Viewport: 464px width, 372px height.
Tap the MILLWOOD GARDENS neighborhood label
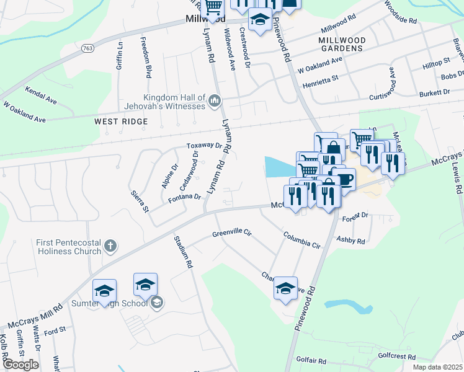341,44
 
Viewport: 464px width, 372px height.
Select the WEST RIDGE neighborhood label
121,122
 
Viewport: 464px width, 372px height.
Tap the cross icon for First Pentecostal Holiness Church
110,246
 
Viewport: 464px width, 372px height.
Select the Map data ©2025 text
437,367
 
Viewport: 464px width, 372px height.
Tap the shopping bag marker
333,149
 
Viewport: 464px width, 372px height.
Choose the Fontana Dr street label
184,198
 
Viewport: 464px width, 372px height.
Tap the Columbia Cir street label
302,240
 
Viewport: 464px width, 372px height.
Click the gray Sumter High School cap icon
158,302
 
